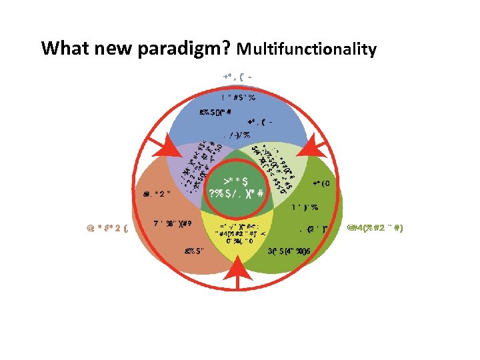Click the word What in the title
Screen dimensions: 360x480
tap(61, 49)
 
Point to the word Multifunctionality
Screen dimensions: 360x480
tap(306, 49)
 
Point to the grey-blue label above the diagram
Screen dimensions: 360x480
tap(238, 77)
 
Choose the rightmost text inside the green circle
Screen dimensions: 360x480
tap(321, 183)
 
